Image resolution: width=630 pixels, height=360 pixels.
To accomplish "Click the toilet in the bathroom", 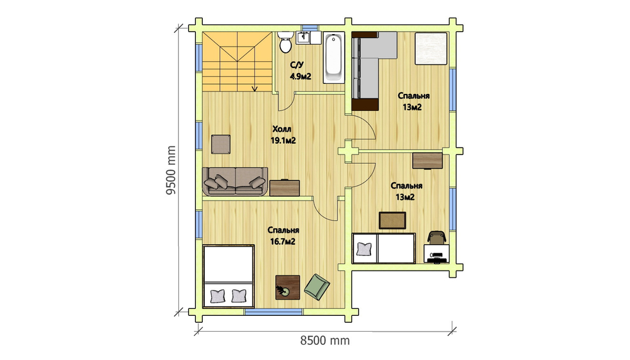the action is [x=285, y=42].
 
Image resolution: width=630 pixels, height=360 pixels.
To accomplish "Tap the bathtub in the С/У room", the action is [x=333, y=58].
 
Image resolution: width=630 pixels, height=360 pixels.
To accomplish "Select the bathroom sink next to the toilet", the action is [x=303, y=38].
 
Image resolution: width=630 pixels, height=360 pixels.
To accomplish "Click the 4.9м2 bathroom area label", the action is [x=301, y=76].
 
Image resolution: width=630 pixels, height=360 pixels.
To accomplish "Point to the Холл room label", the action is [x=282, y=129].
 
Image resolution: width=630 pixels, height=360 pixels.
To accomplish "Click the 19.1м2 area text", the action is [x=283, y=141].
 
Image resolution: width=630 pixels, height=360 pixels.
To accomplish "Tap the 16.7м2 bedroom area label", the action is [x=283, y=241].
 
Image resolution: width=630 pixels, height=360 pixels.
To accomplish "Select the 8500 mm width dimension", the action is [x=325, y=340].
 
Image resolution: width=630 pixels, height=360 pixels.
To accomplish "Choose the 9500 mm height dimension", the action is [x=171, y=170].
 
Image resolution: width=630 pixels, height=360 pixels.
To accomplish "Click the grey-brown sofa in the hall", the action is [x=235, y=182].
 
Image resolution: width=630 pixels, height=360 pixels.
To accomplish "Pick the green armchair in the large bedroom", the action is [x=317, y=287].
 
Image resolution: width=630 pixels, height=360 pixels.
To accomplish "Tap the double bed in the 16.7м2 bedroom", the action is [x=229, y=276].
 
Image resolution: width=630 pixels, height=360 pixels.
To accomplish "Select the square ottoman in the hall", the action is [x=220, y=144].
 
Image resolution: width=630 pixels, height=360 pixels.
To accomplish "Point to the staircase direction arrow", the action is [x=255, y=88].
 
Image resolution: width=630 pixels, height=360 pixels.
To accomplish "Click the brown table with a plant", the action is [x=288, y=287].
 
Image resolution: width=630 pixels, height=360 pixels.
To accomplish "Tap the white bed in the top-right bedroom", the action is [x=431, y=49].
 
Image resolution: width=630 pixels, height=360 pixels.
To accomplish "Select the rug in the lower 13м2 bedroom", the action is [x=392, y=221].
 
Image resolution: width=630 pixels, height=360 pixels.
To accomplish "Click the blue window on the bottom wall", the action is [x=273, y=311].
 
